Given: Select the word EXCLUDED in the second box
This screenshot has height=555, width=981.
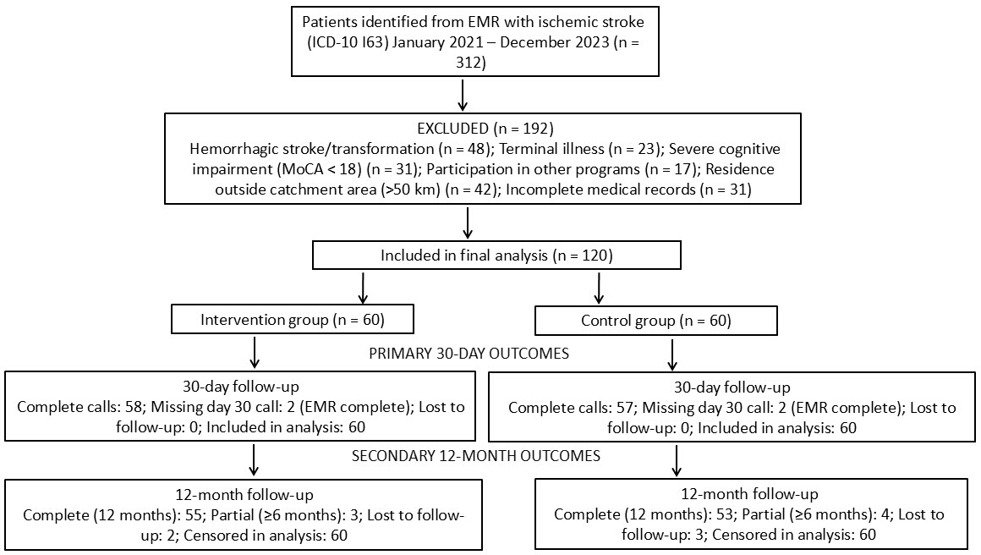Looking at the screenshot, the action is [x=452, y=129].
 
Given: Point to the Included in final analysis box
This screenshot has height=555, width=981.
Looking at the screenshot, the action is [x=496, y=256].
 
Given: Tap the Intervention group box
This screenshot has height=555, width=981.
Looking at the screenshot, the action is [x=292, y=320].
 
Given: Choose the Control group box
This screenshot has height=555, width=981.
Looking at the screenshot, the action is [x=655, y=321].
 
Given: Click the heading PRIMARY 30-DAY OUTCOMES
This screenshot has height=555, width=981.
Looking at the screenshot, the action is [x=469, y=354].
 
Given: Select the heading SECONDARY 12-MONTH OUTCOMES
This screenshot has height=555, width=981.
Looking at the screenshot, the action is [x=475, y=455].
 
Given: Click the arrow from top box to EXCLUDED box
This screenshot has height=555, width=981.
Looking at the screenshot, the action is [x=463, y=95].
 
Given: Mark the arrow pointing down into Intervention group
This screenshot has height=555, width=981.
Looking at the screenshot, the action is [x=362, y=288].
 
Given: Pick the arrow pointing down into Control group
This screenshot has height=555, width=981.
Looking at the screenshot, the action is [x=599, y=288].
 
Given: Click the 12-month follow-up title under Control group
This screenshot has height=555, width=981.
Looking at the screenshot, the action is [x=749, y=494].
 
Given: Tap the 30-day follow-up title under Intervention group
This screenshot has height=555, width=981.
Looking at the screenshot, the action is [x=241, y=387].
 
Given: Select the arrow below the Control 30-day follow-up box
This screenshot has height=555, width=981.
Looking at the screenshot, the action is [x=676, y=460].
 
